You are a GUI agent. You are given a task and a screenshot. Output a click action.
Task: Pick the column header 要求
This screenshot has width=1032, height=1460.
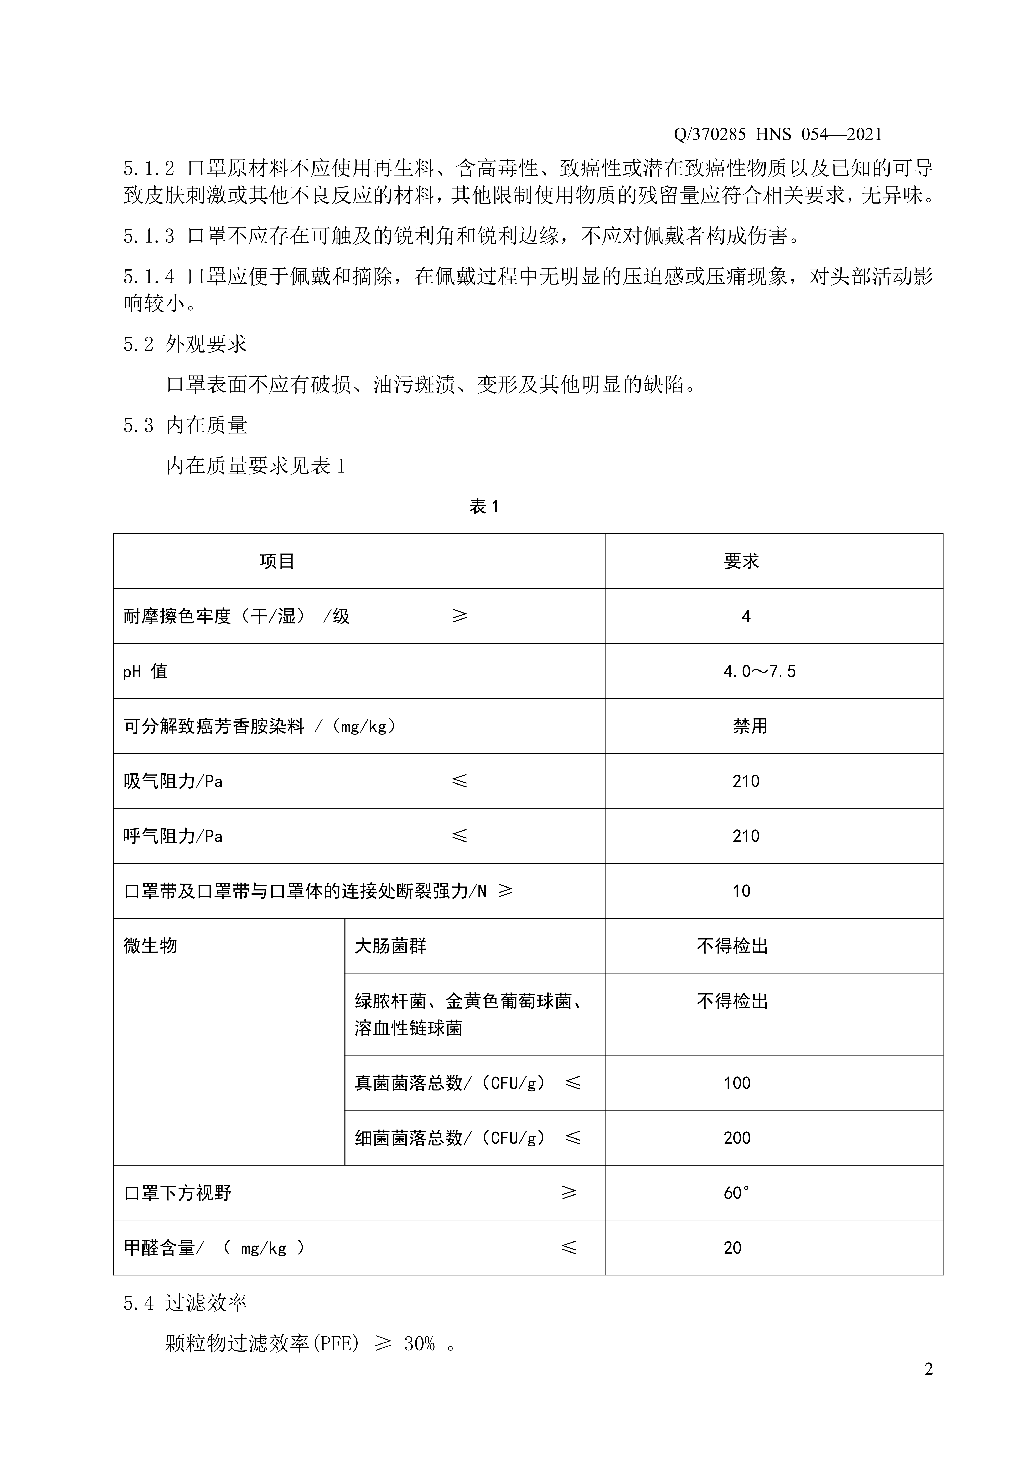(741, 561)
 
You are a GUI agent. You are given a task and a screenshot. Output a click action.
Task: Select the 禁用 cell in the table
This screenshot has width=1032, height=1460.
(750, 726)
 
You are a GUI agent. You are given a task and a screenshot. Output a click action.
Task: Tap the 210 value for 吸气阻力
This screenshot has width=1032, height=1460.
(746, 781)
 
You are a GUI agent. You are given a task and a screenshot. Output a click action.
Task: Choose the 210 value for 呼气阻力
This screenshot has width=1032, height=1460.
(746, 836)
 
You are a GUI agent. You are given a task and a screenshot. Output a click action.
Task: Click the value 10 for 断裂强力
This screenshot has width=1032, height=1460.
(741, 891)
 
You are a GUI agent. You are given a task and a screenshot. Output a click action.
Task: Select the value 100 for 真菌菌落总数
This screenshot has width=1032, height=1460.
(737, 1083)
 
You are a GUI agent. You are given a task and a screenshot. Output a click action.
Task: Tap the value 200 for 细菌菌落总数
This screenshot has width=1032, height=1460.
(737, 1138)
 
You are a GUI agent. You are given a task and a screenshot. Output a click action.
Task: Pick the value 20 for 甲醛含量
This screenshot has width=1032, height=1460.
(732, 1248)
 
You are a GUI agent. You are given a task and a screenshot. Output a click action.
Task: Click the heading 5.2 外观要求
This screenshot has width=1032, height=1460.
(185, 344)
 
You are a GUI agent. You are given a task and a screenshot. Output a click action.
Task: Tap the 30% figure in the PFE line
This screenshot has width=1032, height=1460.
(419, 1344)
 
